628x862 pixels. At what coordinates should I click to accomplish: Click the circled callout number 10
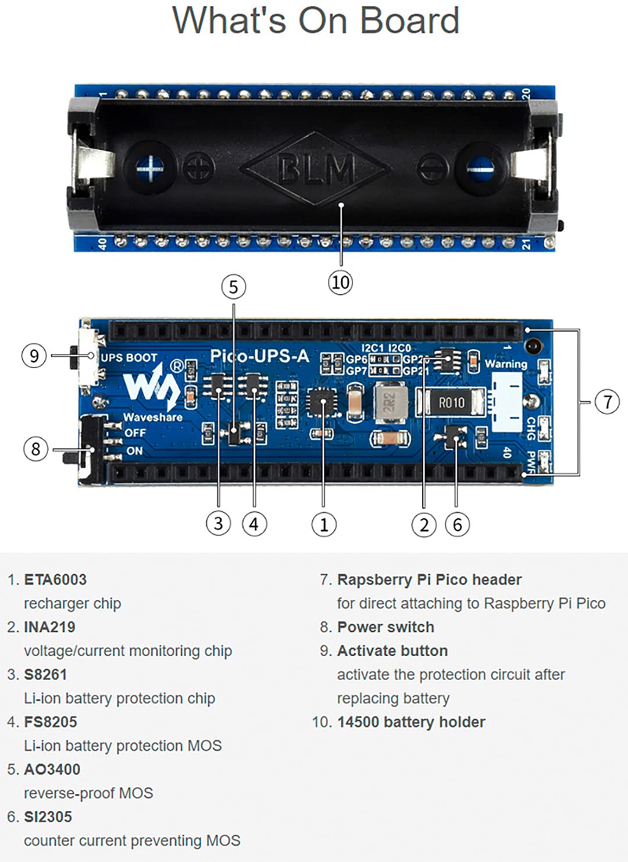[x=340, y=282]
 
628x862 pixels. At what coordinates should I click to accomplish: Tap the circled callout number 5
[x=233, y=287]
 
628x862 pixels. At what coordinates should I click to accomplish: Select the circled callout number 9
[x=34, y=355]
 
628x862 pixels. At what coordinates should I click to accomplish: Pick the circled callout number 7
[x=607, y=401]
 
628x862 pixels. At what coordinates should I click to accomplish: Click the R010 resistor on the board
[x=451, y=402]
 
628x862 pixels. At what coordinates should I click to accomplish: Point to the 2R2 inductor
[x=390, y=402]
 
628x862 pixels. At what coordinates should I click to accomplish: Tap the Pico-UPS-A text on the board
[x=259, y=356]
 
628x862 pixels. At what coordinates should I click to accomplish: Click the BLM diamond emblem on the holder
[x=315, y=169]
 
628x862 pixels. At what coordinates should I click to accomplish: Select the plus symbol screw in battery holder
[x=150, y=169]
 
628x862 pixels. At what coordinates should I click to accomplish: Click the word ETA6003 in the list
[x=55, y=580]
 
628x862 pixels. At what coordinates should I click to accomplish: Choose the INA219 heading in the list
[x=49, y=627]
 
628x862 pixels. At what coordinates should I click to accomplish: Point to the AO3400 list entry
[x=52, y=770]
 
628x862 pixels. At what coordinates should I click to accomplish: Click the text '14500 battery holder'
[x=411, y=722]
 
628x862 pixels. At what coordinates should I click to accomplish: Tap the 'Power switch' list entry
[x=386, y=627]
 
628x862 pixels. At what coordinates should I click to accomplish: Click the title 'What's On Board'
[x=316, y=20]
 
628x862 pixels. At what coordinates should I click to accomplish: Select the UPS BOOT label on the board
[x=129, y=358]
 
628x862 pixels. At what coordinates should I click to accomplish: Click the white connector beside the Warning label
[x=506, y=402]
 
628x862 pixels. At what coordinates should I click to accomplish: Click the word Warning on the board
[x=506, y=364]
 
